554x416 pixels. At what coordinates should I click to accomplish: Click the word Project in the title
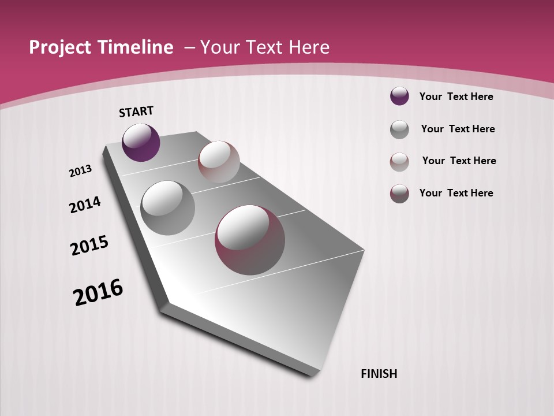pos(61,47)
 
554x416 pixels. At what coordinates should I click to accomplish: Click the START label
pos(136,112)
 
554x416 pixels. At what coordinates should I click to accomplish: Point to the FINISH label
pos(379,374)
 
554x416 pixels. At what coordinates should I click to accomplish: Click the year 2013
pos(81,171)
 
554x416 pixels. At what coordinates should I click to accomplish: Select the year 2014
pos(85,205)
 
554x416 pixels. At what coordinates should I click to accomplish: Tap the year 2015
pos(89,246)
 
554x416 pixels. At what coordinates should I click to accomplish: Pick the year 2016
pos(98,292)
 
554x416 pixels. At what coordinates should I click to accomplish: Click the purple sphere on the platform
pos(141,143)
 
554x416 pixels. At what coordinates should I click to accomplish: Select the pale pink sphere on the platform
pos(219,162)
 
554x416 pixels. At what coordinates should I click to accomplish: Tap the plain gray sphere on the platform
pos(167,208)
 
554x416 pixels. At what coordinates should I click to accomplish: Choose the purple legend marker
pos(399,96)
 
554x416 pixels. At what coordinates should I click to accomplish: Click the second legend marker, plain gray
pos(399,129)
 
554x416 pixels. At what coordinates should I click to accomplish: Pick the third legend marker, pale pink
pos(399,162)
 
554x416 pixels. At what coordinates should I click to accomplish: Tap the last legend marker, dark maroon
pos(399,194)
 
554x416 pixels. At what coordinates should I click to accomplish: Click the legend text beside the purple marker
pos(456,96)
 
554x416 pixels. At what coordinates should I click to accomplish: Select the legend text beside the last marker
pos(456,193)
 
